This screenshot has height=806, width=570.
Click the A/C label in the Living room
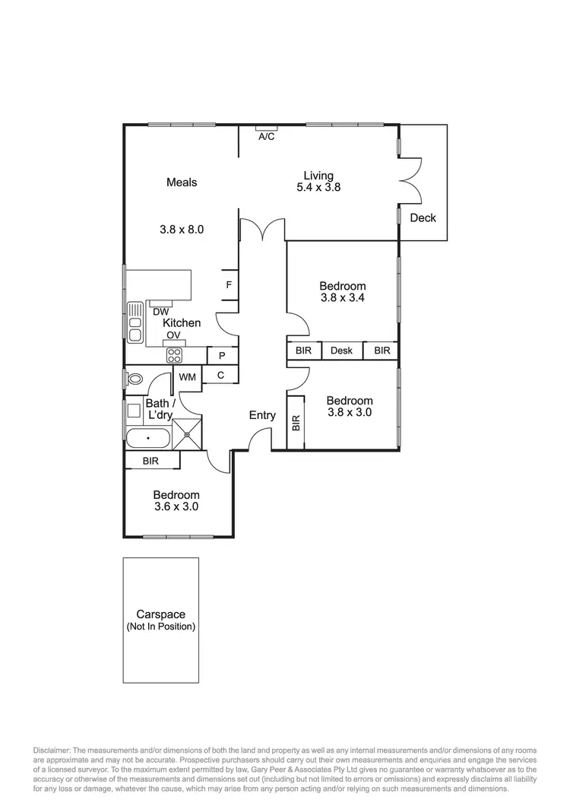tap(266, 137)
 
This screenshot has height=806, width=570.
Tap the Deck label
tap(423, 218)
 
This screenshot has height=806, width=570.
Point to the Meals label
tap(182, 182)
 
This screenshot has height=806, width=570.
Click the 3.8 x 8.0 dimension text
tap(182, 228)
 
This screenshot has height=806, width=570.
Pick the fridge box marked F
tap(228, 285)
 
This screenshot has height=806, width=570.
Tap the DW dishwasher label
tap(160, 312)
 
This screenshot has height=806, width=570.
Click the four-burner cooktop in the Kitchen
tap(175, 355)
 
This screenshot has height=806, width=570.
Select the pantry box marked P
tap(221, 355)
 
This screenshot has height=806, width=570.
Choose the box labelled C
tap(221, 374)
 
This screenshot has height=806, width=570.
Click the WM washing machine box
tap(187, 376)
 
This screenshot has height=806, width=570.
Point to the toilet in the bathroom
tap(136, 378)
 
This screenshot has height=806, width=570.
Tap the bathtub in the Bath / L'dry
tap(148, 439)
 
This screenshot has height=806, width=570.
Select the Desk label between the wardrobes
tap(341, 351)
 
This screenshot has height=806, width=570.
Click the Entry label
tap(263, 415)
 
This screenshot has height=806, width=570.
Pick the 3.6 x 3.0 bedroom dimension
tap(176, 507)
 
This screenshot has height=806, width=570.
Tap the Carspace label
tap(160, 614)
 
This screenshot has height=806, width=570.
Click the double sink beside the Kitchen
tap(135, 322)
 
